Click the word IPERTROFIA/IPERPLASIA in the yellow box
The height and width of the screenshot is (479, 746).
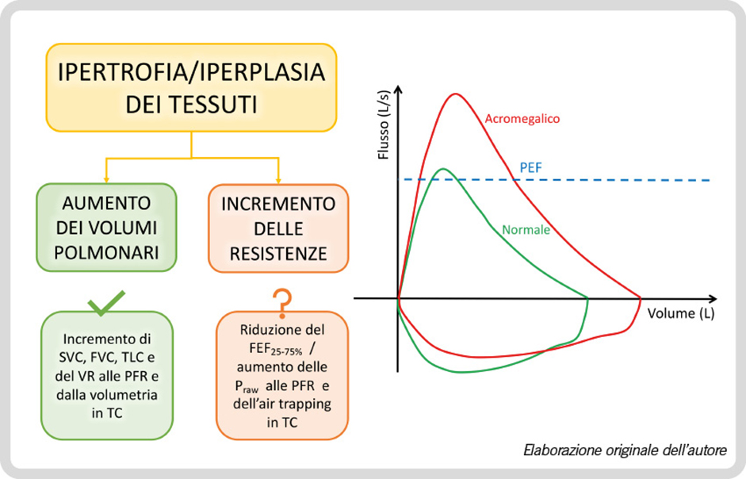coord(191,72)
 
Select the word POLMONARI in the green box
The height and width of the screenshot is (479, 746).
coord(106,253)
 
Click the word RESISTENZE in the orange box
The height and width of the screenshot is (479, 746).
coord(278,253)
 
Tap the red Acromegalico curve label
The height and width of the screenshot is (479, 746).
coord(522,118)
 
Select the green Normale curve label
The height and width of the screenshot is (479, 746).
coord(526,230)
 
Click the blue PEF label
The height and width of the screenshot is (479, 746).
coord(530,167)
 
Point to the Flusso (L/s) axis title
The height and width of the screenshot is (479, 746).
coord(384,125)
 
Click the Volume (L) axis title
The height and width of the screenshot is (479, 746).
coord(681,313)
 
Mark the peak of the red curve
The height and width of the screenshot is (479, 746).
coord(456,94)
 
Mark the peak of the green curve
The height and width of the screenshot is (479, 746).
coord(443,169)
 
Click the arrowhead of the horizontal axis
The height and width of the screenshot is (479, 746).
coord(713,298)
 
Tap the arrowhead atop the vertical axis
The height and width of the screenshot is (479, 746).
coord(399,90)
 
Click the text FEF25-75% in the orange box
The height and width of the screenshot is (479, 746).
coord(276,349)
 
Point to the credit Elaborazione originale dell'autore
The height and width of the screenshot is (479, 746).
coord(625,450)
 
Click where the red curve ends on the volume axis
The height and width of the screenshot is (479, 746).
coord(641,298)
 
